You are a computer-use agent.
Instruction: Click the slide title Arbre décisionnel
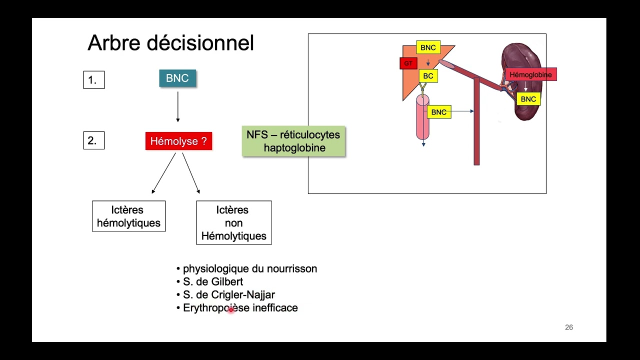[x=170, y=43]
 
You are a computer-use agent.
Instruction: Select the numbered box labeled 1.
[x=93, y=80]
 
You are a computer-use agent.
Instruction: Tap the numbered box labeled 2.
[x=93, y=140]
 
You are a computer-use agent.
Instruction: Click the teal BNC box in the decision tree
[x=177, y=78]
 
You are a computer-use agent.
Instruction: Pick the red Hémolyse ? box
[x=178, y=141]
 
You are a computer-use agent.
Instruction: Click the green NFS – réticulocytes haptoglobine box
[x=293, y=141]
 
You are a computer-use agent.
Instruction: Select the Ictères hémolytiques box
[x=128, y=216]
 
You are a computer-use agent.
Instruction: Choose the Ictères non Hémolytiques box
[x=233, y=223]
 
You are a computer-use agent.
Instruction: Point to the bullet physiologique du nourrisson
[x=249, y=268]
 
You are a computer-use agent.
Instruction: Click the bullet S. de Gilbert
[x=213, y=281]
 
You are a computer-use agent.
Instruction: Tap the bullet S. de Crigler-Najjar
[x=228, y=294]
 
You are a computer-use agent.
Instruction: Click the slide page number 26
[x=568, y=327]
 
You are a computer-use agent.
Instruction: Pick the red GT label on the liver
[x=408, y=63]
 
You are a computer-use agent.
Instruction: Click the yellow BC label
[x=428, y=76]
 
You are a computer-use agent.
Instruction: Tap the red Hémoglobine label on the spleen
[x=530, y=75]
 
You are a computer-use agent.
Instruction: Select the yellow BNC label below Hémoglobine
[x=528, y=99]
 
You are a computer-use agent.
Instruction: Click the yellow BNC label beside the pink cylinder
[x=438, y=112]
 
